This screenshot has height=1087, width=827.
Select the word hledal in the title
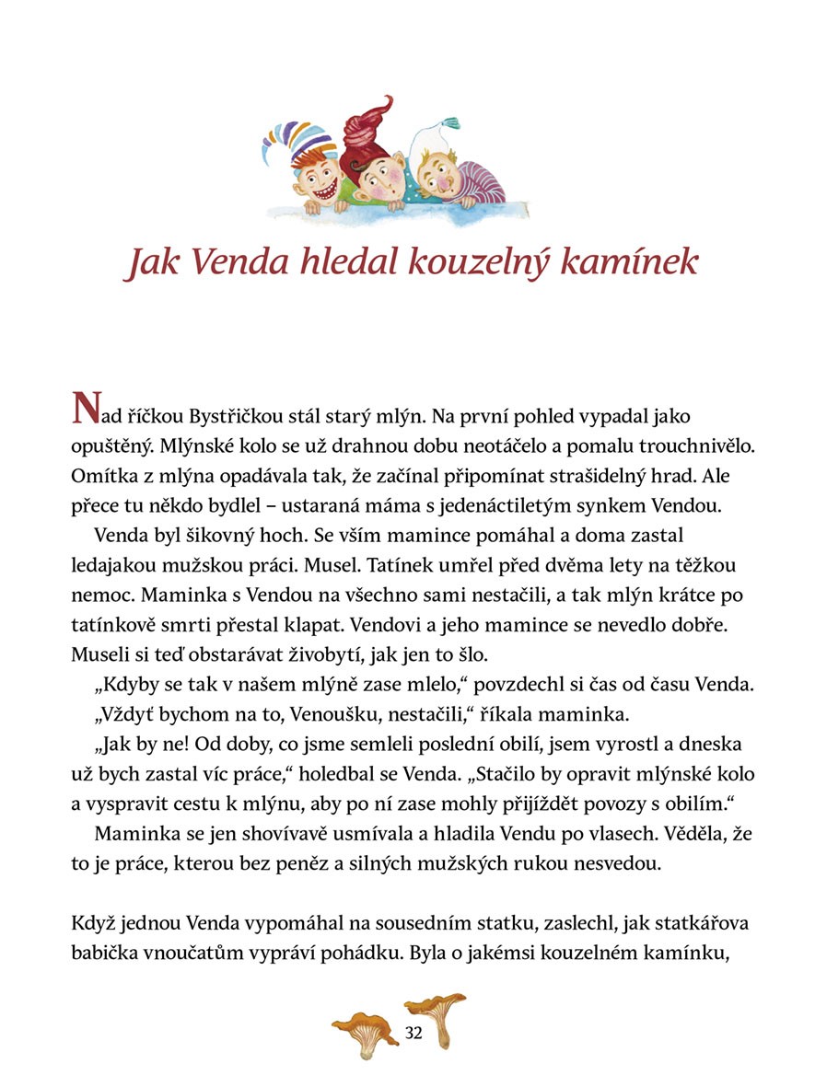click(343, 262)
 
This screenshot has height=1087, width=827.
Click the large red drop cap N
click(85, 411)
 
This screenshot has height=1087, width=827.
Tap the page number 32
click(413, 1033)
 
